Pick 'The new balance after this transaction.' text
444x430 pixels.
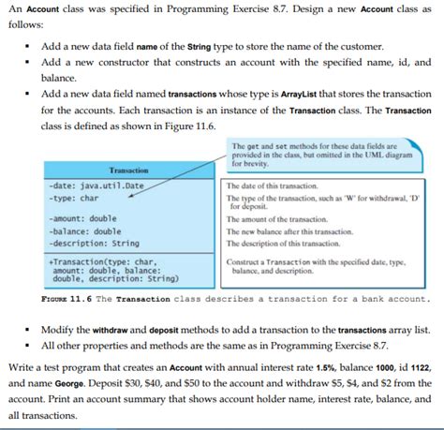coord(300,231)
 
